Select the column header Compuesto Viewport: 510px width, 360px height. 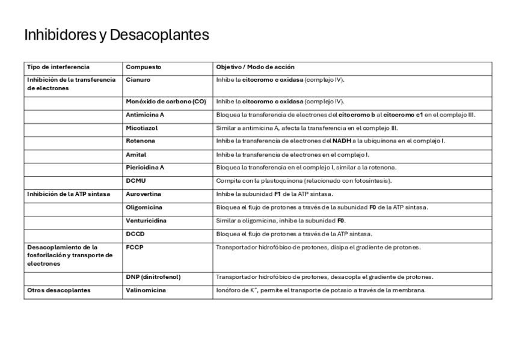(x=143, y=67)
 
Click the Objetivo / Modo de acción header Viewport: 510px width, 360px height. (x=255, y=67)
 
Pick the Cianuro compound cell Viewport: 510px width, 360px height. (x=138, y=80)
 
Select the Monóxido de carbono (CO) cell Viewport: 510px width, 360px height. (x=165, y=102)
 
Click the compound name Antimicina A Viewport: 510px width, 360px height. (x=145, y=115)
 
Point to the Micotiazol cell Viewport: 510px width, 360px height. (x=142, y=128)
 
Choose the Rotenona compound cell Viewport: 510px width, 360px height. (x=140, y=141)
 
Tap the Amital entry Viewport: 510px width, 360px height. (x=136, y=154)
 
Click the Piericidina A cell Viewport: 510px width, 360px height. (x=145, y=168)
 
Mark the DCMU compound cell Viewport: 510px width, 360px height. (x=136, y=181)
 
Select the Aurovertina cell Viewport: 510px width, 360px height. (x=143, y=194)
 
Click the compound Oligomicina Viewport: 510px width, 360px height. (x=144, y=207)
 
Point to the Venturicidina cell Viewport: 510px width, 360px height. (x=146, y=221)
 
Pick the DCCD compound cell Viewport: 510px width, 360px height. (x=135, y=234)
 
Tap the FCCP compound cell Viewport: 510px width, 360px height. (x=135, y=247)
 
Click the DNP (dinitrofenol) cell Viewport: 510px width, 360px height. (x=153, y=277)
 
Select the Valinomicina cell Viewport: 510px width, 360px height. (x=146, y=290)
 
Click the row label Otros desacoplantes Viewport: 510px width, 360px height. (x=59, y=290)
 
